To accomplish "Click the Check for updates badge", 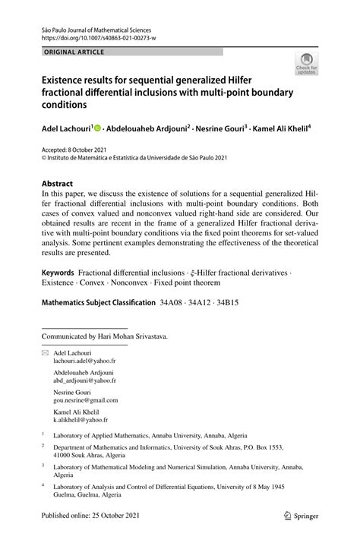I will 307,64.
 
